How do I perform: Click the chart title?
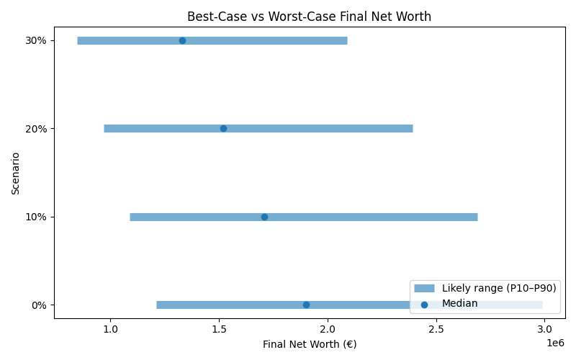(309, 17)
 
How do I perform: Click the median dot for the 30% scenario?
(182, 40)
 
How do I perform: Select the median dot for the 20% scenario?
(223, 128)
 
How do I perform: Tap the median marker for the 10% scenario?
(264, 217)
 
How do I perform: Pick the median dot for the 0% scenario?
(306, 305)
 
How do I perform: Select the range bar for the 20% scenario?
(324, 128)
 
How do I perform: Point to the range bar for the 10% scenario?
(374, 217)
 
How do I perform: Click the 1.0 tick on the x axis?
(110, 329)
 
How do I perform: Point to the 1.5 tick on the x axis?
(219, 329)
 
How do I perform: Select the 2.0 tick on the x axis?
(328, 329)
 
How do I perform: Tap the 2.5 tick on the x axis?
(436, 329)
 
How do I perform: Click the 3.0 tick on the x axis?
(544, 329)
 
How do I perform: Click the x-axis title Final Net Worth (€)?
(310, 344)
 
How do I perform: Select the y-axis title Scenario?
(16, 173)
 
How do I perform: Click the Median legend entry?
(459, 304)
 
